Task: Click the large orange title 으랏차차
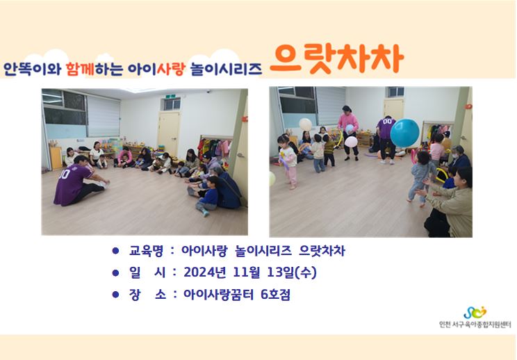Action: pyautogui.click(x=336, y=59)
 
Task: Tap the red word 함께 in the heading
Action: pyautogui.click(x=80, y=69)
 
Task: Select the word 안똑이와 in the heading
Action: pyautogui.click(x=32, y=69)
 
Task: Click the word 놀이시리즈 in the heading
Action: pyautogui.click(x=227, y=69)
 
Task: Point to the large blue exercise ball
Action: pyautogui.click(x=404, y=133)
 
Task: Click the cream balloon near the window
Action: pyautogui.click(x=305, y=124)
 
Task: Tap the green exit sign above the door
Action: pyautogui.click(x=170, y=97)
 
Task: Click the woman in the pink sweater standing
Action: pyautogui.click(x=348, y=133)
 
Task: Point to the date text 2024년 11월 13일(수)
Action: pyautogui.click(x=250, y=272)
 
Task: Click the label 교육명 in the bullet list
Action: pyautogui.click(x=146, y=251)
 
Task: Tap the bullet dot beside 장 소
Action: pyautogui.click(x=115, y=294)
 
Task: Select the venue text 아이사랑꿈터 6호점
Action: pyautogui.click(x=237, y=295)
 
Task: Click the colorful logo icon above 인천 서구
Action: pyautogui.click(x=475, y=312)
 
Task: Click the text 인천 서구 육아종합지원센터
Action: pyautogui.click(x=475, y=325)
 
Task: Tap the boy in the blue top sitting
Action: pyautogui.click(x=208, y=196)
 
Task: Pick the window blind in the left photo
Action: pyautogui.click(x=104, y=116)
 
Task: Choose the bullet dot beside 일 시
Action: pyautogui.click(x=115, y=272)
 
